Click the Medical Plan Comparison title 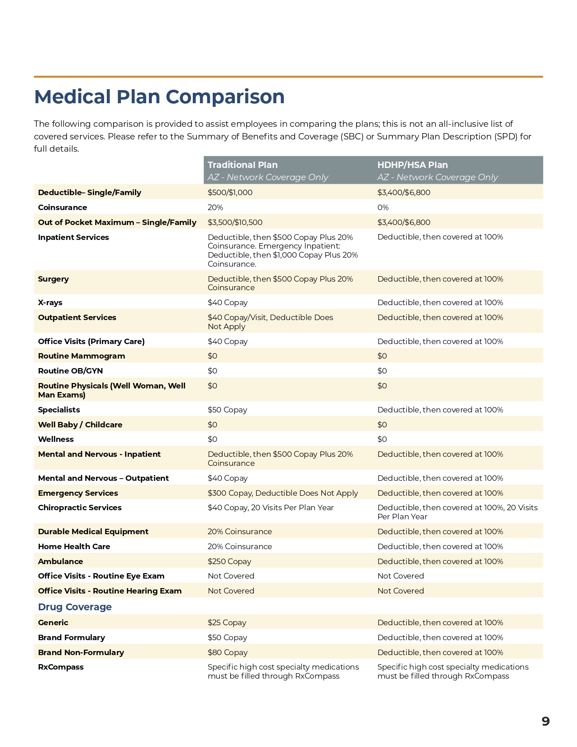pyautogui.click(x=159, y=97)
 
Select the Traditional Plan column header pyautogui.click(x=243, y=165)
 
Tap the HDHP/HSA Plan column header pyautogui.click(x=412, y=165)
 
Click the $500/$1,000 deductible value pyautogui.click(x=230, y=192)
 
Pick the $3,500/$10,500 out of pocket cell pyautogui.click(x=235, y=222)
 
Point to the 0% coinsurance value pyautogui.click(x=383, y=207)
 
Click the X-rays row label pyautogui.click(x=50, y=302)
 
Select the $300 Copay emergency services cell pyautogui.click(x=282, y=493)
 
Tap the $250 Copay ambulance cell pyautogui.click(x=229, y=561)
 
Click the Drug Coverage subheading pyautogui.click(x=75, y=607)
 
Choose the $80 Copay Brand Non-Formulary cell pyautogui.click(x=227, y=652)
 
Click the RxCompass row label pyautogui.click(x=61, y=667)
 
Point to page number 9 pyautogui.click(x=545, y=721)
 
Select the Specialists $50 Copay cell pyautogui.click(x=227, y=410)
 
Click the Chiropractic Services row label pyautogui.click(x=80, y=508)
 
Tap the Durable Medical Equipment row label pyautogui.click(x=93, y=532)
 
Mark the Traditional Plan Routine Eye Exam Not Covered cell pyautogui.click(x=231, y=576)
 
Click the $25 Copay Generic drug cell pyautogui.click(x=227, y=622)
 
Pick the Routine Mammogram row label pyautogui.click(x=81, y=356)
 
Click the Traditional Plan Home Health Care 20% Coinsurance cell pyautogui.click(x=239, y=546)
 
